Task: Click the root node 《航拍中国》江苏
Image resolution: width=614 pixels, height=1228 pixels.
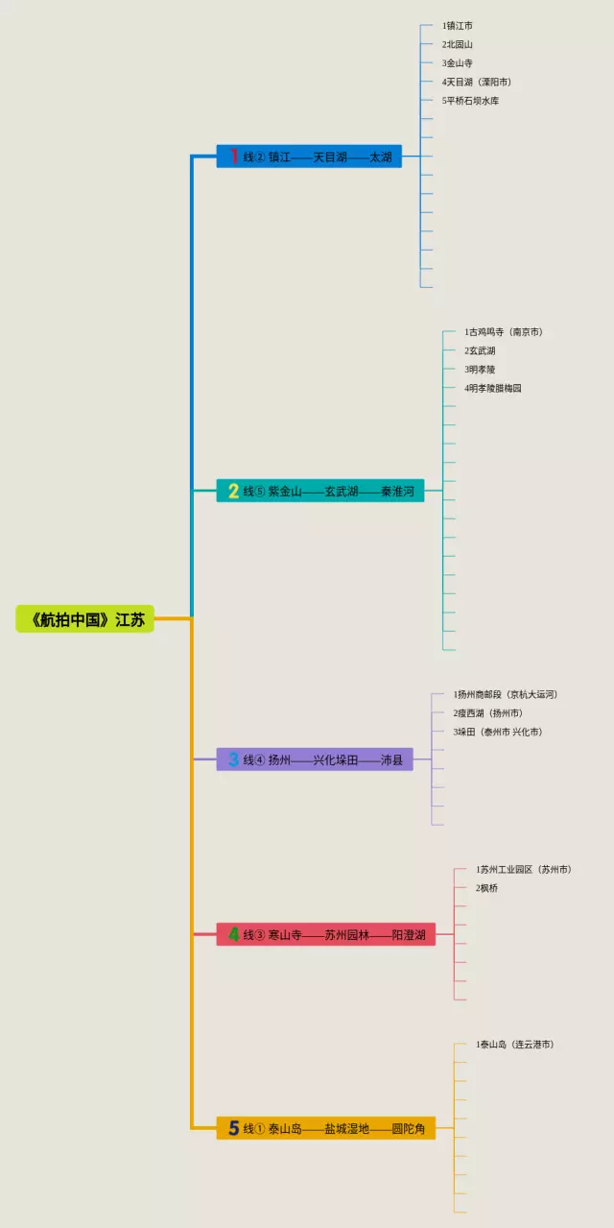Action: click(84, 619)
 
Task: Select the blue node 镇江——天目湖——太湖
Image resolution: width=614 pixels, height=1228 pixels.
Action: click(309, 157)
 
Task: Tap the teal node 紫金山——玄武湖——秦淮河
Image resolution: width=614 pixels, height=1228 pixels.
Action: click(320, 491)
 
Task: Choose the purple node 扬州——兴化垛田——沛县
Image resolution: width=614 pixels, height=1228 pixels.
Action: click(315, 759)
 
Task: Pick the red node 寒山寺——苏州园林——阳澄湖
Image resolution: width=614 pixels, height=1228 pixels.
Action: click(326, 934)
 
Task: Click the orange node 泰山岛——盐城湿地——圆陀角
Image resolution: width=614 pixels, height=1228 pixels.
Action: click(326, 1128)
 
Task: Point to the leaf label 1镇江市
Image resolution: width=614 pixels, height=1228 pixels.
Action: click(458, 26)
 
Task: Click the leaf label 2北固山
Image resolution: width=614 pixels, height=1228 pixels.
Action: click(458, 44)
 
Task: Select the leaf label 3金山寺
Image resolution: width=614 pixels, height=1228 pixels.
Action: click(458, 63)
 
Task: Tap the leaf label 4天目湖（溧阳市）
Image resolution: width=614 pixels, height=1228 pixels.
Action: click(477, 82)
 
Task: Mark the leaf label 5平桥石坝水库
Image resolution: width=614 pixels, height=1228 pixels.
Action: click(471, 101)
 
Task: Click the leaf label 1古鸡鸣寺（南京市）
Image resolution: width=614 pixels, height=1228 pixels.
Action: click(504, 332)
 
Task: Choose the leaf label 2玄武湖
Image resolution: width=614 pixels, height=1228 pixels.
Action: click(480, 350)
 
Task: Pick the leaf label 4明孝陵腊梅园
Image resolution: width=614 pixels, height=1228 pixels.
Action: click(493, 388)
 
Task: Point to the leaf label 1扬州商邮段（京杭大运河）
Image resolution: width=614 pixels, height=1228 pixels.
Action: click(506, 694)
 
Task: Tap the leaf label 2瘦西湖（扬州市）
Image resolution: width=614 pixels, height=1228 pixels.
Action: click(488, 713)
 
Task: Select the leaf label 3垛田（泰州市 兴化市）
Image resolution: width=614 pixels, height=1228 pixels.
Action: click(498, 732)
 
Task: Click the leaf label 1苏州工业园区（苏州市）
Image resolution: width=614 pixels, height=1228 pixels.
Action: click(524, 869)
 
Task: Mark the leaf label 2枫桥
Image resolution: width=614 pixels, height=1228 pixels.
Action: click(487, 888)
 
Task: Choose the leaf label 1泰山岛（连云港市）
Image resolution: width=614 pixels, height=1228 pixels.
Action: click(514, 1044)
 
